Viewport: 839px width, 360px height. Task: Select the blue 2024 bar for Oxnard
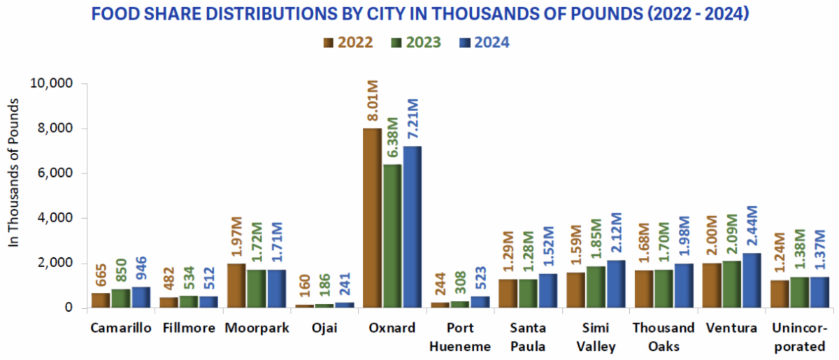coord(412,227)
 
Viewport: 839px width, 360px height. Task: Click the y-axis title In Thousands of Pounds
coord(14,172)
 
